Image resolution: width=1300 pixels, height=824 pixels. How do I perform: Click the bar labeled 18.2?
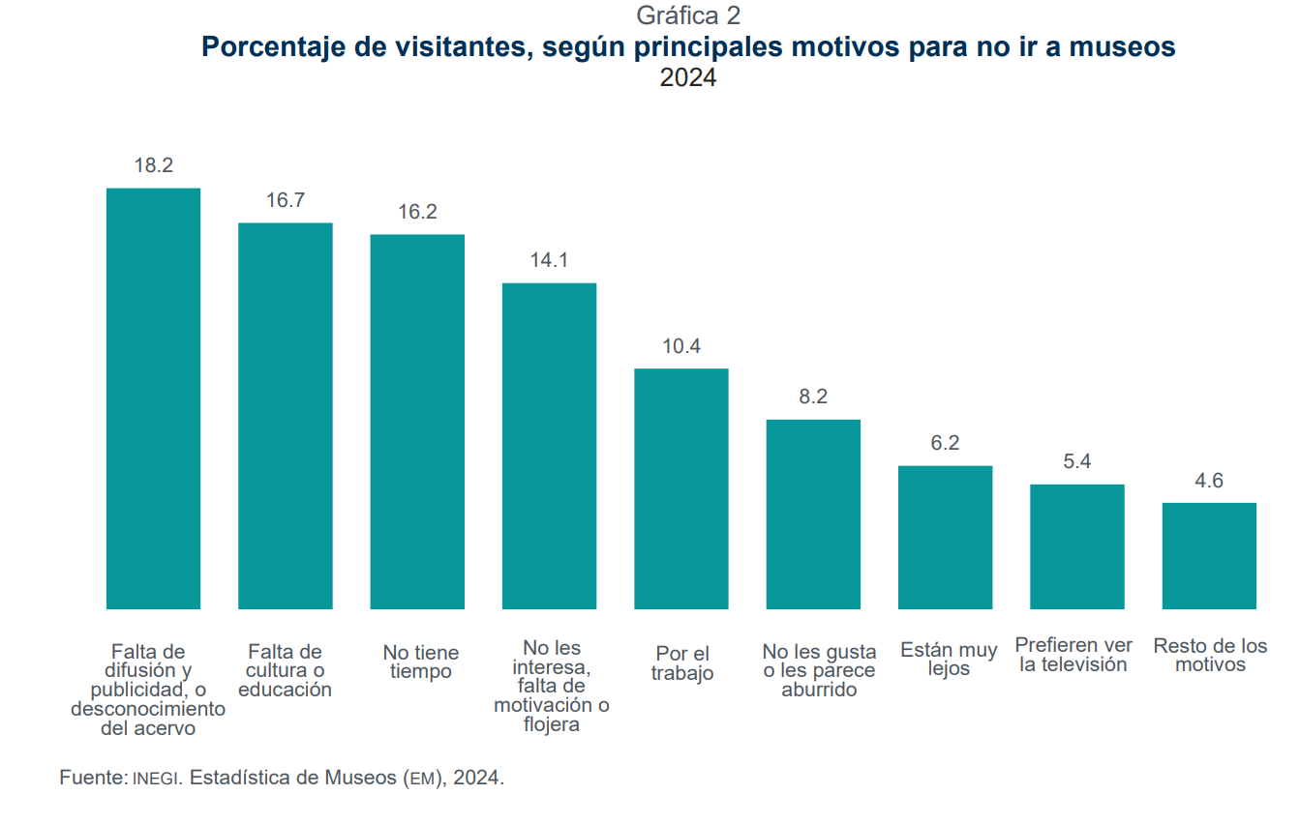click(153, 398)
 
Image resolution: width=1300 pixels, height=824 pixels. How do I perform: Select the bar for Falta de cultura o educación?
click(286, 416)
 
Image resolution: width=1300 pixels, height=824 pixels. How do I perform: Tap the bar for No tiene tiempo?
click(417, 422)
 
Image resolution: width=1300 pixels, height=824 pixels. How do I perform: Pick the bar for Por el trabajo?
click(681, 488)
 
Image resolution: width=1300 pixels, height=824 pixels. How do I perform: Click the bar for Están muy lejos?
click(945, 537)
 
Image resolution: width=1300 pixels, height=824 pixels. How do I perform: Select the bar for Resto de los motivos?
click(1209, 555)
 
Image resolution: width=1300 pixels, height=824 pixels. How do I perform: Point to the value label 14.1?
click(549, 260)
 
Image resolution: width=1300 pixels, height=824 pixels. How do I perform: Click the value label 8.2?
click(813, 397)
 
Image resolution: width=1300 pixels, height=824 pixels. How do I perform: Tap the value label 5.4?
click(1076, 461)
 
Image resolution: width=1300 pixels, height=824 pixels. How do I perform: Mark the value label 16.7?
click(286, 200)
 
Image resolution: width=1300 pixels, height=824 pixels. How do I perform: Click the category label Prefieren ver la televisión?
click(1073, 655)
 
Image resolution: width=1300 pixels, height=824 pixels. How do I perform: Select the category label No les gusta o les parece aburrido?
click(819, 670)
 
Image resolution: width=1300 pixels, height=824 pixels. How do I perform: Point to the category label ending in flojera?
click(550, 686)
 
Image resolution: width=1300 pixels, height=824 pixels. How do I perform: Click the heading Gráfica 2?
click(688, 15)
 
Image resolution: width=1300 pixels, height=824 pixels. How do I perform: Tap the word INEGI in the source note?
click(156, 779)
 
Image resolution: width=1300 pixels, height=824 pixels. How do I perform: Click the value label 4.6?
click(1209, 481)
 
